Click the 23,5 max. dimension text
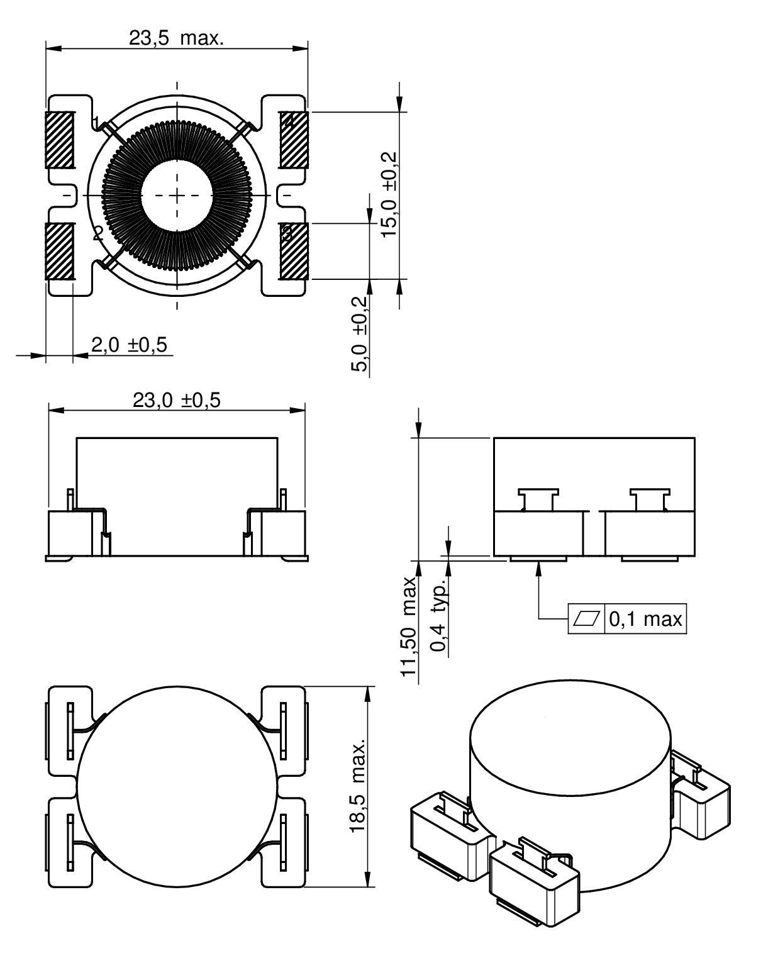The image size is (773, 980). pyautogui.click(x=176, y=38)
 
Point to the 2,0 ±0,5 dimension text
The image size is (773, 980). pyautogui.click(x=132, y=345)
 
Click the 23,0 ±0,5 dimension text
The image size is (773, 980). pyautogui.click(x=176, y=401)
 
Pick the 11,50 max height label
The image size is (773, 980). pyautogui.click(x=410, y=626)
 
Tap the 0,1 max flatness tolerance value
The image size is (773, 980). pyautogui.click(x=645, y=620)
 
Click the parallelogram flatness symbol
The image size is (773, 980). pyautogui.click(x=586, y=620)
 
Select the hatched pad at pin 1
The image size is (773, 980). pyautogui.click(x=60, y=140)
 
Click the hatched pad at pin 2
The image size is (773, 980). pyautogui.click(x=60, y=252)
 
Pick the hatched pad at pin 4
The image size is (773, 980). pyautogui.click(x=294, y=140)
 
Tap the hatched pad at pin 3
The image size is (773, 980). pyautogui.click(x=294, y=252)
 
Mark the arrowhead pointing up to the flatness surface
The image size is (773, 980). pyautogui.click(x=539, y=567)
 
